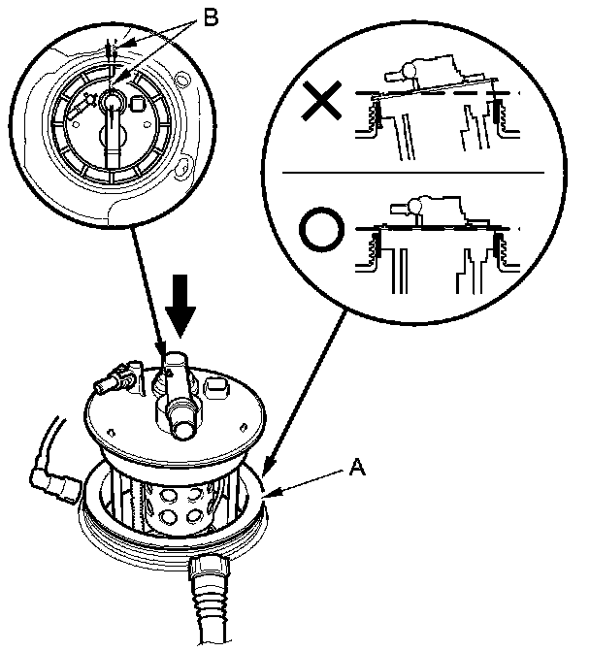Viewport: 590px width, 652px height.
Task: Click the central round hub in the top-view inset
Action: pyautogui.click(x=112, y=100)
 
